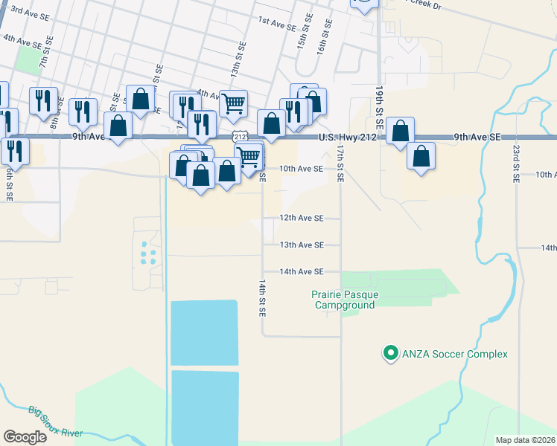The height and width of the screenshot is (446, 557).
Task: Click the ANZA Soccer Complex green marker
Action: click(389, 354)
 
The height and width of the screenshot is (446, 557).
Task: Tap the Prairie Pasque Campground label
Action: click(345, 300)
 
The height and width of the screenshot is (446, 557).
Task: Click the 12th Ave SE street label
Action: click(302, 219)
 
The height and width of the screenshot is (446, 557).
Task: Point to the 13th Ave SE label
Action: click(302, 245)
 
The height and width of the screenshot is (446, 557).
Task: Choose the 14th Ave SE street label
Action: click(302, 272)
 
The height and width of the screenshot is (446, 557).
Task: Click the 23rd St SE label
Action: click(515, 164)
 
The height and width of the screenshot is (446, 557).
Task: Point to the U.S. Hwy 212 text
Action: click(346, 138)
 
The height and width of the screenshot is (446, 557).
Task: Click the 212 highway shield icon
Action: click(238, 136)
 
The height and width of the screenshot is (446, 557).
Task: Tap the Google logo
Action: click(25, 437)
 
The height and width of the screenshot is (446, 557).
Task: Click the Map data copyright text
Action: click(524, 440)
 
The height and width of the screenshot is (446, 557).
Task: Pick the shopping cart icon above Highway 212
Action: click(233, 103)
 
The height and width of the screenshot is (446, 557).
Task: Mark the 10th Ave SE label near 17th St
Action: click(302, 169)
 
